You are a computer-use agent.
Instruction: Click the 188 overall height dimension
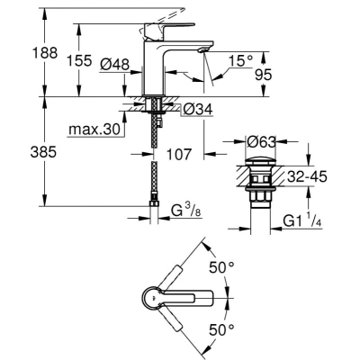[x=45, y=53]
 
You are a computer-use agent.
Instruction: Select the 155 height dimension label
[x=79, y=60]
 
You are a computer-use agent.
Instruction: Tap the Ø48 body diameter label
[x=115, y=64]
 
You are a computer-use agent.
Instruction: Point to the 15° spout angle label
[x=240, y=61]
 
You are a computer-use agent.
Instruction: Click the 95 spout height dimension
[x=263, y=75]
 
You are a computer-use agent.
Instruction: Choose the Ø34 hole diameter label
[x=198, y=109]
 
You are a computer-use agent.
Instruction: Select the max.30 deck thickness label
[x=94, y=130]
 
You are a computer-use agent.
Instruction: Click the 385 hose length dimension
[x=43, y=152]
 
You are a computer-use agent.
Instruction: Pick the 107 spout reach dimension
[x=179, y=154]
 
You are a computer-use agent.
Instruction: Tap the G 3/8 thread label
[x=185, y=211]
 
